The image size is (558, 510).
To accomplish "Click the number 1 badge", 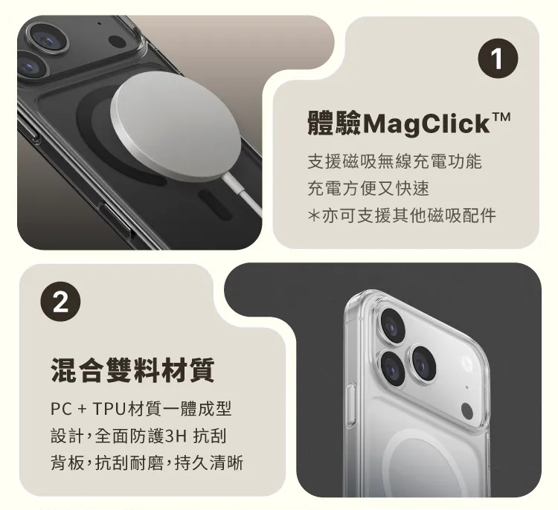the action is coord(498,58).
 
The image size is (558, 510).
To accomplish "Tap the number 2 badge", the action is coord(61,302).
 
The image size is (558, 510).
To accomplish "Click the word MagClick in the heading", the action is coord(426,123).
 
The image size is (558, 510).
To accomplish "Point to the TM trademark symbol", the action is coord(501,117).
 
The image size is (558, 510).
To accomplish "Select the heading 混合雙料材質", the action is coord(133,370).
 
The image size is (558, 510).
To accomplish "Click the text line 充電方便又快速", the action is coord(368,188).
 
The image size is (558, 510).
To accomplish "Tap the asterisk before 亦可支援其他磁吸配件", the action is coord(313,216).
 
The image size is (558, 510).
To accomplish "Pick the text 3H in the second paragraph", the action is coord(176,436).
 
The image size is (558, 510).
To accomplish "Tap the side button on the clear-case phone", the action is coord(352,404).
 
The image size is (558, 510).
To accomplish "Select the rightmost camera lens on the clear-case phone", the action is coord(423,363).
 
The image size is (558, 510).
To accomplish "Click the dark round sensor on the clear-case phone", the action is coord(467,412).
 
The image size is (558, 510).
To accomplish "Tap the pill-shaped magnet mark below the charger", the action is coord(215,204).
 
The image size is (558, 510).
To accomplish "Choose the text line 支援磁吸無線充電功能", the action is coord(394,161).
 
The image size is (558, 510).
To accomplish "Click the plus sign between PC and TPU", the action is coord(82,410).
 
